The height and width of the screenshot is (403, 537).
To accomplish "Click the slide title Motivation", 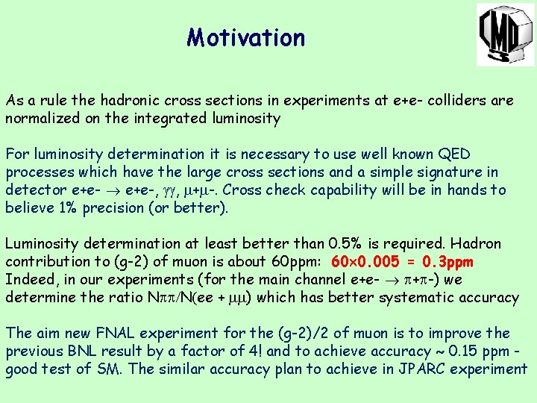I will coord(245,37).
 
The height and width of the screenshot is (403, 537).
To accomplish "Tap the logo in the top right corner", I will coord(505,34).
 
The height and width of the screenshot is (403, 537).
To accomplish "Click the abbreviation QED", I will coord(454,154).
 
